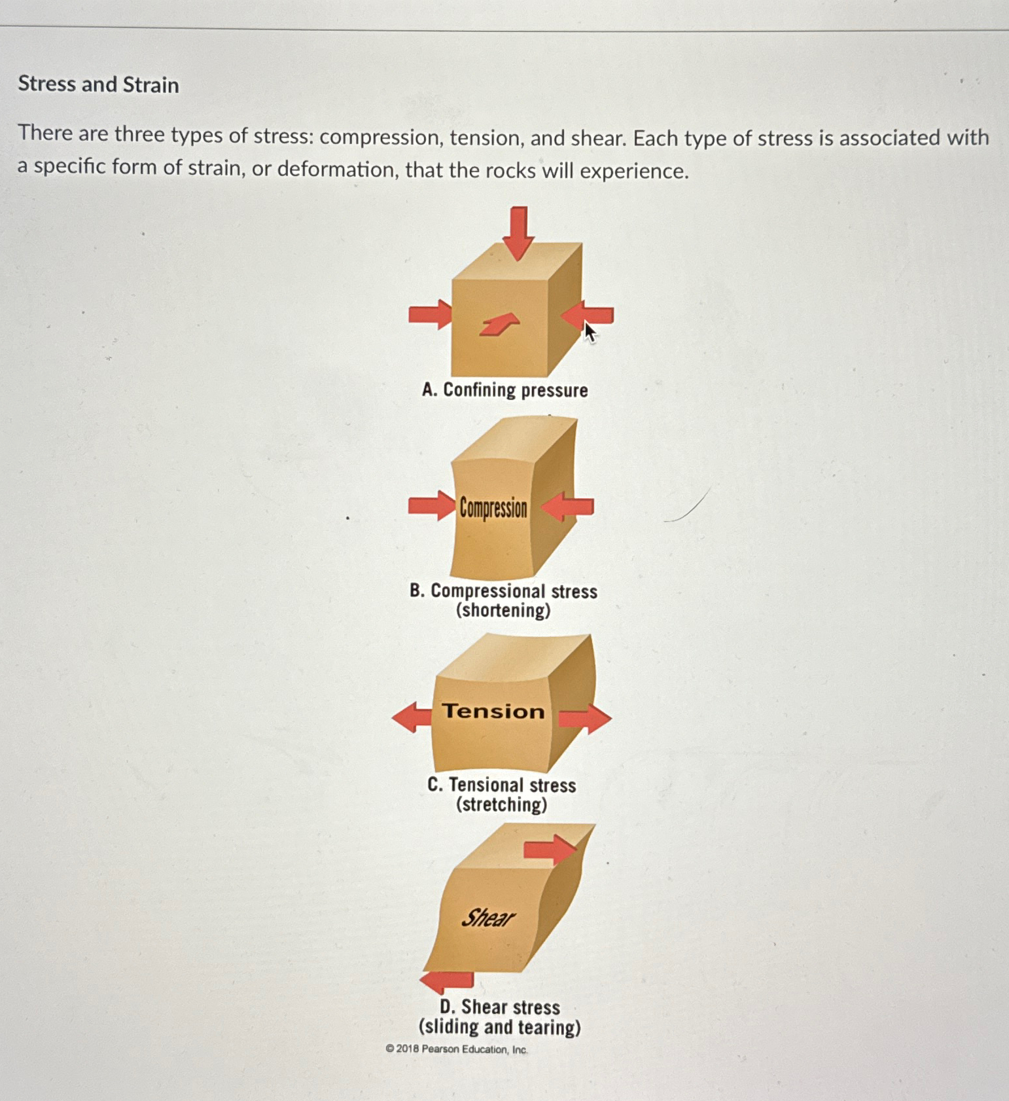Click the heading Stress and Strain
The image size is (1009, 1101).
click(x=98, y=84)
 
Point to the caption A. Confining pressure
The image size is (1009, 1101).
click(x=504, y=390)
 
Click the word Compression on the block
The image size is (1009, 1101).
click(x=493, y=508)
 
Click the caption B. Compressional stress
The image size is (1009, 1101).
click(x=503, y=591)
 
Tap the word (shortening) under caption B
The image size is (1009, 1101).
click(x=503, y=611)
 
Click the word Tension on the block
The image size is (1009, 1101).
click(x=493, y=712)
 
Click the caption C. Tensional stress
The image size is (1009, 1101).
click(x=501, y=785)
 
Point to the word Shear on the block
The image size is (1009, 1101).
click(x=488, y=918)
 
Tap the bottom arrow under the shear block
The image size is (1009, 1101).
click(x=447, y=981)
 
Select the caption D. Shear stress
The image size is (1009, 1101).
click(x=500, y=1007)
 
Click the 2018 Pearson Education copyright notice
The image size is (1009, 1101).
click(x=457, y=1049)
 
